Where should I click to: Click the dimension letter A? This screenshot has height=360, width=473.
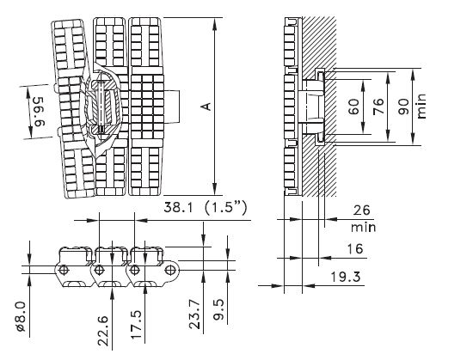pyautogui.click(x=204, y=106)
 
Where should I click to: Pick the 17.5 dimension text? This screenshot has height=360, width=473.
pyautogui.click(x=134, y=332)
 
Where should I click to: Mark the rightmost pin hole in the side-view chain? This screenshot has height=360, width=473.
pyautogui.click(x=170, y=271)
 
